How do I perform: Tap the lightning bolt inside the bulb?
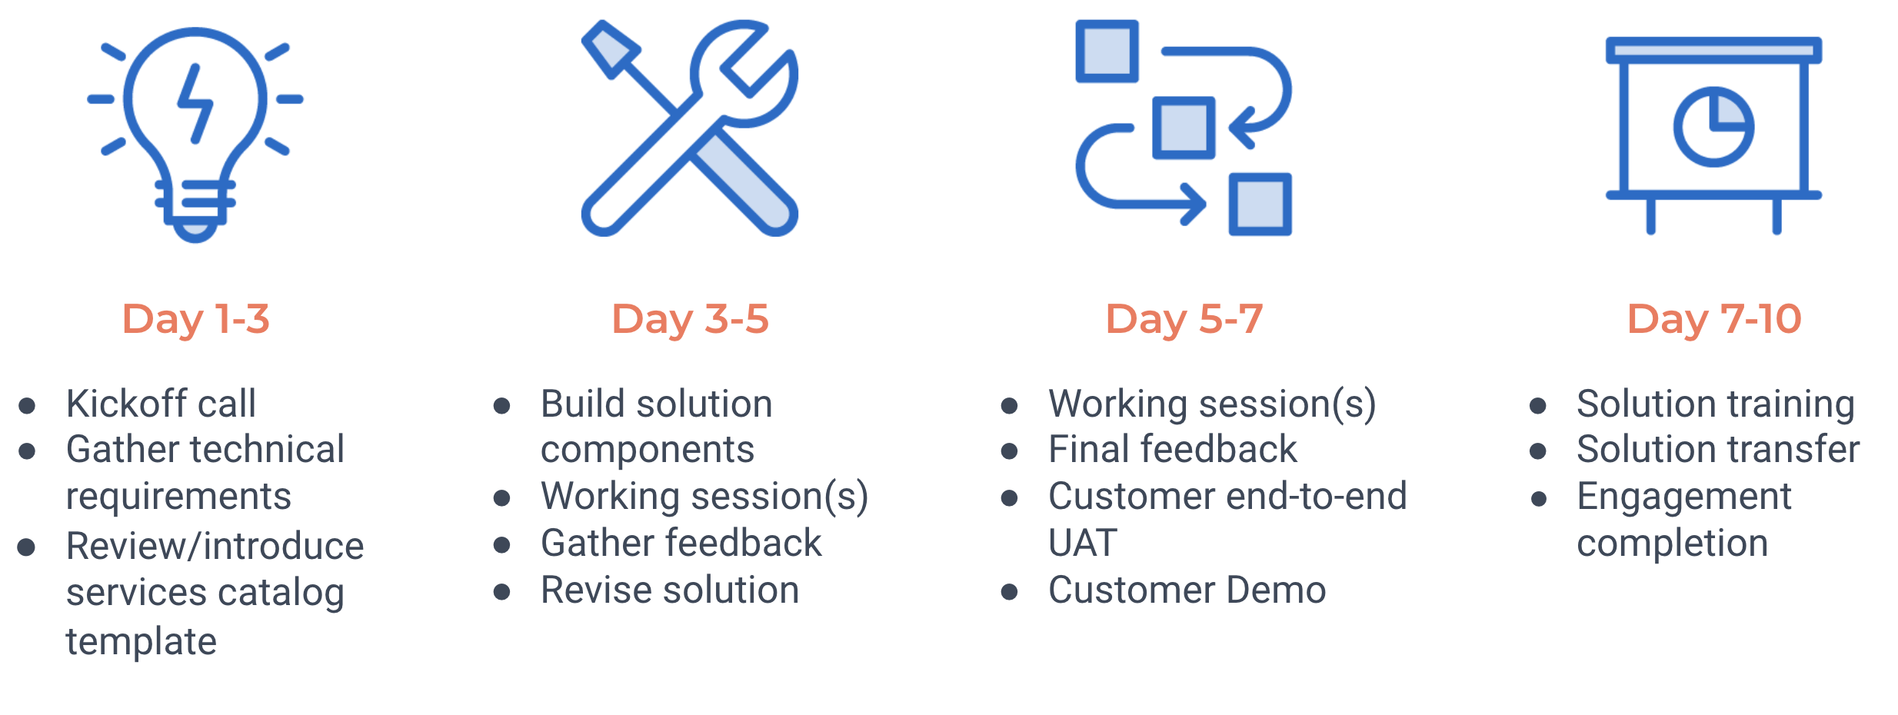coord(195,103)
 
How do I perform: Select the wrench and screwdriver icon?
coord(690,128)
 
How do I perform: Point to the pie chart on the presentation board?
coord(1713,127)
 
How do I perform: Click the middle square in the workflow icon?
coord(1184,128)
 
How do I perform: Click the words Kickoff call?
coord(161,404)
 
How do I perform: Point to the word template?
coord(142,641)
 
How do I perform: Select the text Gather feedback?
coord(681,544)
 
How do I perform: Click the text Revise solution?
coord(670,590)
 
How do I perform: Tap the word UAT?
coord(1083,544)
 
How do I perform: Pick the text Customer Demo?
coord(1187,590)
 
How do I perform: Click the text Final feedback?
coord(1173,450)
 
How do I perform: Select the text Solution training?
coord(1716,404)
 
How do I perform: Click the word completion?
coord(1673,544)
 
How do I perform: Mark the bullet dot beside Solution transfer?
coord(1538,451)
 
